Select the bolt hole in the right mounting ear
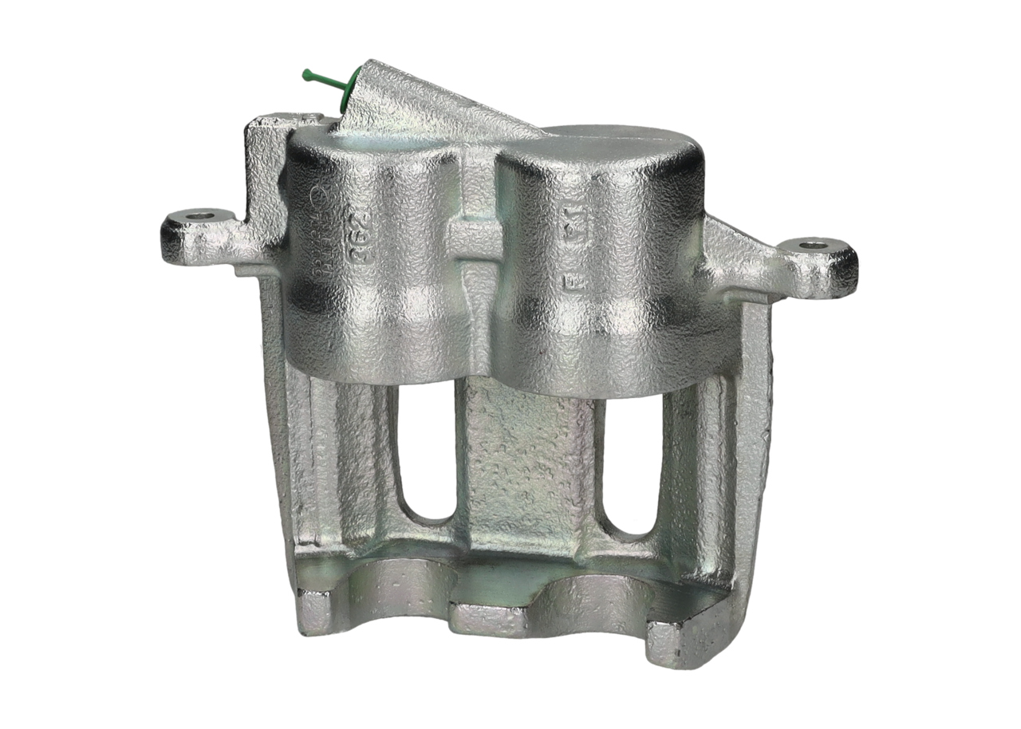(813, 245)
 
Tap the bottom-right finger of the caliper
(678, 638)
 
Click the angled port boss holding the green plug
(423, 104)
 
